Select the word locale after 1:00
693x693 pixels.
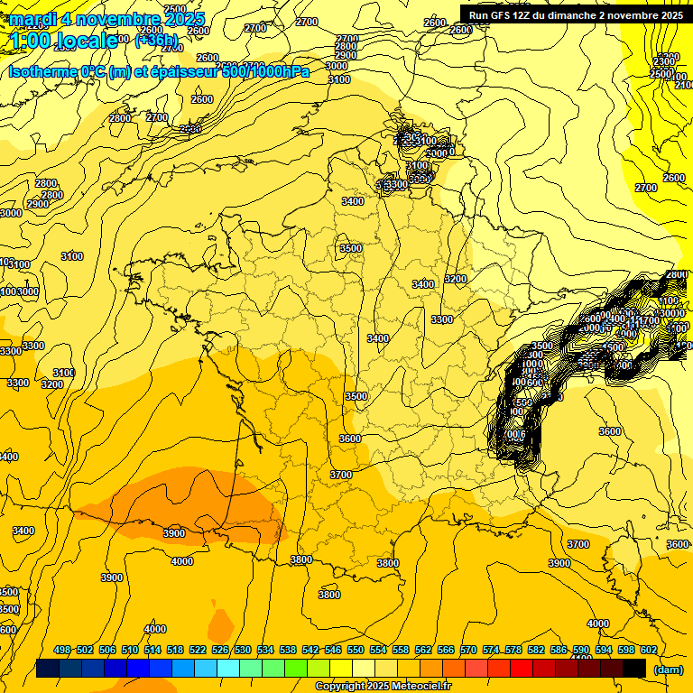click(87, 40)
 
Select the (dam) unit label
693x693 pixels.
click(668, 669)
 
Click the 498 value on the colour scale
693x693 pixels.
click(62, 650)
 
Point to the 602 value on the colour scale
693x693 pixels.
click(649, 650)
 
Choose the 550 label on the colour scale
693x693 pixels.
click(356, 650)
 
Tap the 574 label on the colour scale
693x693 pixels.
click(491, 650)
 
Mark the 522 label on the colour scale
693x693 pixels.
click(198, 650)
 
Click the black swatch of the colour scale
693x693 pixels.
click(634, 668)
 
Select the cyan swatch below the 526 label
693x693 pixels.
click(228, 668)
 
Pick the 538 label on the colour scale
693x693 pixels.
click(288, 650)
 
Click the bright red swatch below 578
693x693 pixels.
click(522, 668)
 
